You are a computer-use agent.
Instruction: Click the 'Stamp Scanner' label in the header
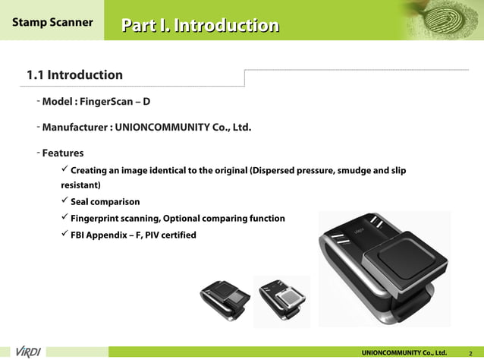tap(52, 22)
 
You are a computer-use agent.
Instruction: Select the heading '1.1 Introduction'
tap(74, 75)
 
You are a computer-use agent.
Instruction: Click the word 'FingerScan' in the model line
tap(111, 102)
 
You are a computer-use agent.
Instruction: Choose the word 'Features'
tap(62, 153)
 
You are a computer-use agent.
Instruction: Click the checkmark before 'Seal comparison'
tap(64, 201)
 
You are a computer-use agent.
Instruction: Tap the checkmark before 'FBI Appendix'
tap(64, 235)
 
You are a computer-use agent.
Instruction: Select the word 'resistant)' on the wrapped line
tap(80, 185)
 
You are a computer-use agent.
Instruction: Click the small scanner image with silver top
tap(281, 301)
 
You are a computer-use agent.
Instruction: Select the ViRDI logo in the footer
tap(28, 352)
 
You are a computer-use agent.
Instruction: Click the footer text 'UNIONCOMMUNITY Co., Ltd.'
tap(404, 352)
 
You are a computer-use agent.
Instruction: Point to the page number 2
tap(471, 353)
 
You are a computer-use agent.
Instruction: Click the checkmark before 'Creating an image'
tap(64, 169)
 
